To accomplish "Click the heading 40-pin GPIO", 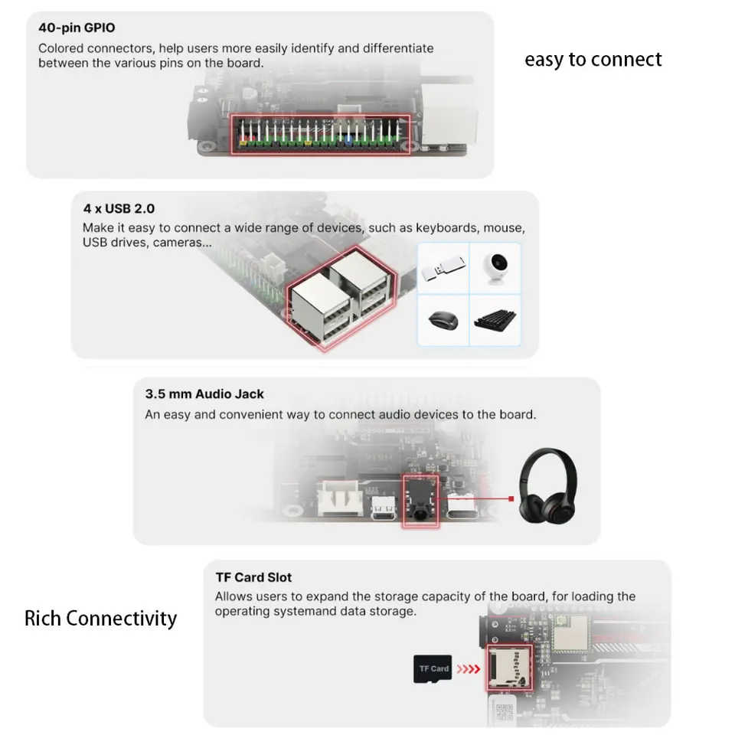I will (x=77, y=28).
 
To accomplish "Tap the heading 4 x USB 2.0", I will (x=119, y=207).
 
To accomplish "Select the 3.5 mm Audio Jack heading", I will (x=204, y=394).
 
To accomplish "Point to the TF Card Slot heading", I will (x=253, y=577).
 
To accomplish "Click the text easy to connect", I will (x=593, y=60).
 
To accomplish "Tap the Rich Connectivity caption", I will (x=100, y=619).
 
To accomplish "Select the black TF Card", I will (x=433, y=668).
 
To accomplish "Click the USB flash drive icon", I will (x=443, y=269).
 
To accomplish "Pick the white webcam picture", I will (x=495, y=269).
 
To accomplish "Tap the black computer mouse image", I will (x=443, y=319).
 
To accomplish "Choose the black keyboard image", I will (x=495, y=320).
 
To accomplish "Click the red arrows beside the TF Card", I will (x=469, y=669).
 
